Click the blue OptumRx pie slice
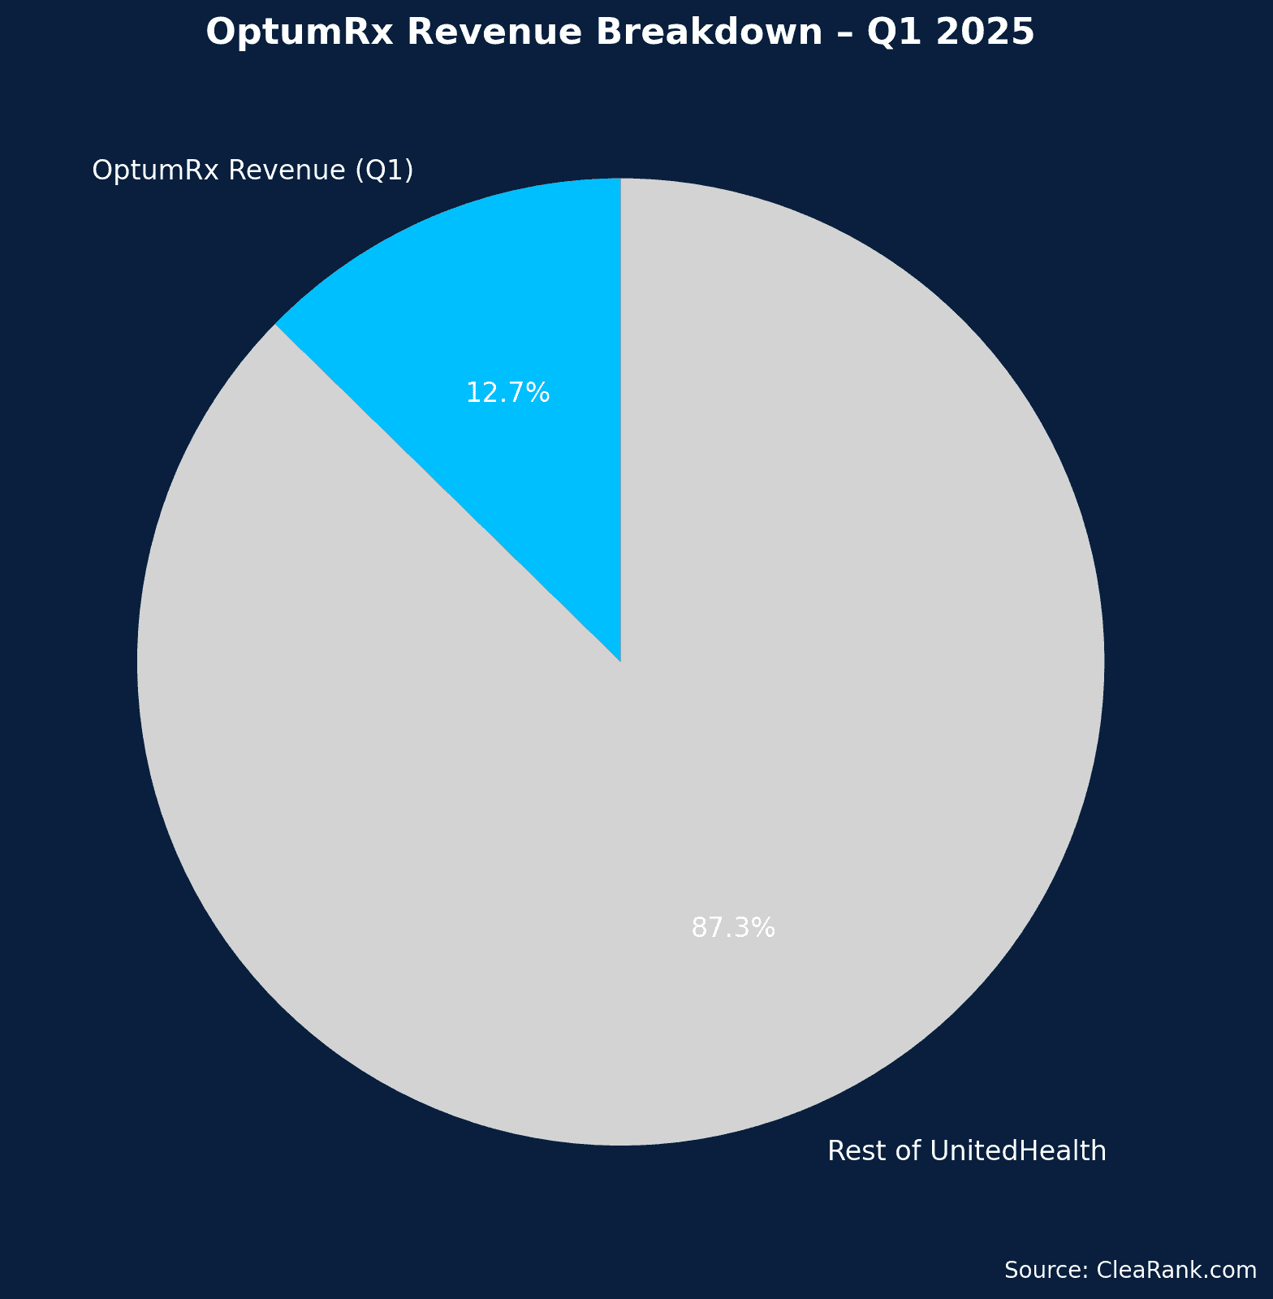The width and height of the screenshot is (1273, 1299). coord(520,325)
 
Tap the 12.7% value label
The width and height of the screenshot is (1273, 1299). coord(508,394)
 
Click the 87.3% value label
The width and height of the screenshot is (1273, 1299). coord(733,928)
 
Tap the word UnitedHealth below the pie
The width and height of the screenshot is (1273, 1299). coord(1018,1151)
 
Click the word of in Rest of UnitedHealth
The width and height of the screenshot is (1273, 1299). coord(903,1151)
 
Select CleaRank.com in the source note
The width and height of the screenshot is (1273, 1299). coord(1176,1271)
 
